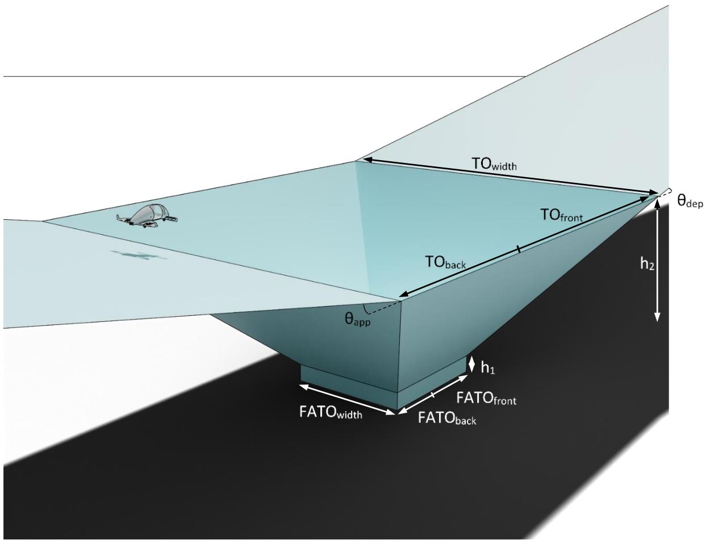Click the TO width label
point(494,164)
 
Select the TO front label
point(561,215)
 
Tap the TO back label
point(445,262)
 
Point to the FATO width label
point(331,412)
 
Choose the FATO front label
point(486,398)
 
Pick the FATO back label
point(447,418)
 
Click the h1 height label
point(488,368)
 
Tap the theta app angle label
point(358,320)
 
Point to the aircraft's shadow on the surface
point(139,256)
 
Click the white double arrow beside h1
point(471,365)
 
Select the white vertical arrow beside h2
point(658,260)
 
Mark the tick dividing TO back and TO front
point(518,249)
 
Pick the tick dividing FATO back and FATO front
point(433,395)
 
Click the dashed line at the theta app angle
point(383,308)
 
